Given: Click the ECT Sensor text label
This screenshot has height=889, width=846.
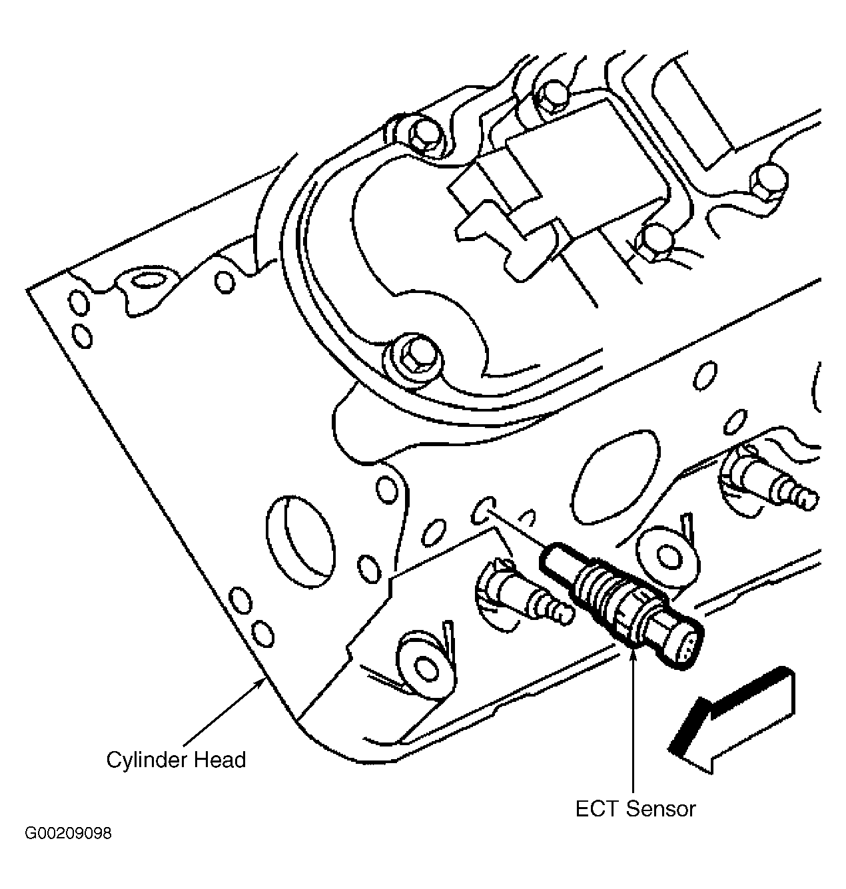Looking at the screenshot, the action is (635, 809).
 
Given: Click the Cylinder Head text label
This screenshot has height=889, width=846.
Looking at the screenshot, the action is (176, 760).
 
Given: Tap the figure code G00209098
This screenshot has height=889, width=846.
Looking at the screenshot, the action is (69, 833).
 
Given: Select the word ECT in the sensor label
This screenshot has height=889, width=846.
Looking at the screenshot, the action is (597, 809).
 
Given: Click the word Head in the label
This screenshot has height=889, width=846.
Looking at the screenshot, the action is (220, 760).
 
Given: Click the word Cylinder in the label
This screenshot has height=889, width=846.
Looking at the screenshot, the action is (147, 760).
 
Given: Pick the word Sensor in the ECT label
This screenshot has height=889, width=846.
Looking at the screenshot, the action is (661, 809).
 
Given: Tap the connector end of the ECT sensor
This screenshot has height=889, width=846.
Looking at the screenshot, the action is (673, 643).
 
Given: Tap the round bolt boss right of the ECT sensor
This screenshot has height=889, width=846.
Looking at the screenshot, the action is (667, 556).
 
